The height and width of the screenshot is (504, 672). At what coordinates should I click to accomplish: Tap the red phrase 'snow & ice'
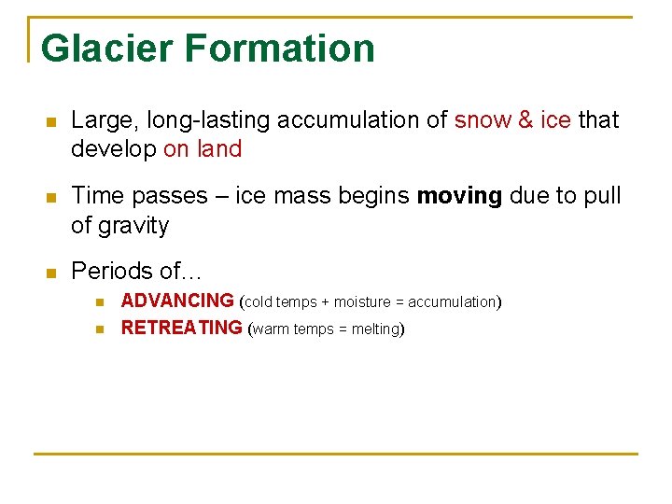pyautogui.click(x=512, y=120)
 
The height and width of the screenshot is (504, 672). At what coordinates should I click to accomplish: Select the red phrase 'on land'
pyautogui.click(x=203, y=149)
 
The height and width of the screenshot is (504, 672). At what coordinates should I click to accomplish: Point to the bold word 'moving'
pyautogui.click(x=459, y=196)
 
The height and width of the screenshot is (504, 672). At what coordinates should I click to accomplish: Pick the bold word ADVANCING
pyautogui.click(x=177, y=301)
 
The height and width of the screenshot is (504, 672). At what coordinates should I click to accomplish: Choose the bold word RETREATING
pyautogui.click(x=181, y=329)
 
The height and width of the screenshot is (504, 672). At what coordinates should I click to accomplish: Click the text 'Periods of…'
pyautogui.click(x=136, y=272)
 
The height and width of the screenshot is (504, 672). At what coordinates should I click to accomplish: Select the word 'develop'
pyautogui.click(x=113, y=149)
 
